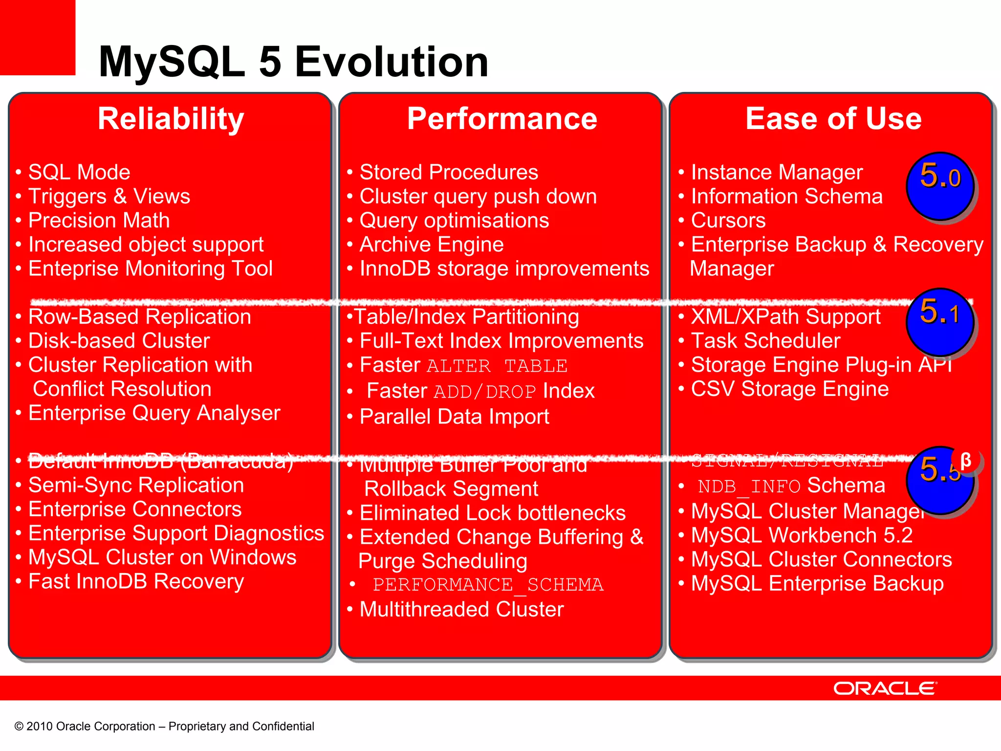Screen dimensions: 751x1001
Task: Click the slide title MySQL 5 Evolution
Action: click(293, 62)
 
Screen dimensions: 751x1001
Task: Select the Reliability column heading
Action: click(171, 119)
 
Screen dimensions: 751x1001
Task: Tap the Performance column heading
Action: click(502, 119)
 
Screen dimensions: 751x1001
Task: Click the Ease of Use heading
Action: click(833, 119)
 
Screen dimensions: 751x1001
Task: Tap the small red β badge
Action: click(966, 460)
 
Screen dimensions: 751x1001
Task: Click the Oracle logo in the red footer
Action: click(885, 688)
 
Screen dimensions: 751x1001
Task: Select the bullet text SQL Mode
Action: click(79, 172)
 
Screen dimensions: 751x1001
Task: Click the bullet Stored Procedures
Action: click(449, 172)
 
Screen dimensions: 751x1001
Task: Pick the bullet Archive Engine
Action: click(432, 244)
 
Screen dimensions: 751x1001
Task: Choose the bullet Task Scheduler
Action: click(765, 341)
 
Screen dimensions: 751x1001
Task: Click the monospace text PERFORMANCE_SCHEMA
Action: click(488, 585)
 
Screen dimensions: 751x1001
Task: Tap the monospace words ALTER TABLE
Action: click(497, 366)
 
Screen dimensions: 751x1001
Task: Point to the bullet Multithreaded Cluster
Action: click(461, 609)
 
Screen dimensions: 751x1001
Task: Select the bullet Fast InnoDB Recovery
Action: click(136, 581)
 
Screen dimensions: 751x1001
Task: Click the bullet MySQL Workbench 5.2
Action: click(802, 535)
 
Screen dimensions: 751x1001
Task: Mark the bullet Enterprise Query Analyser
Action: click(154, 413)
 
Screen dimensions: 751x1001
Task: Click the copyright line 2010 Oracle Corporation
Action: click(164, 726)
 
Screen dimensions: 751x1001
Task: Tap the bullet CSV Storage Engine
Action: click(789, 389)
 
